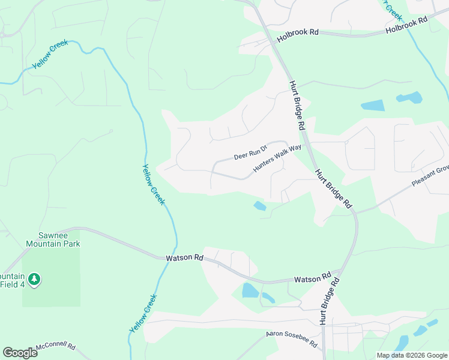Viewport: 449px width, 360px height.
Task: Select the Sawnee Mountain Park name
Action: click(x=53, y=240)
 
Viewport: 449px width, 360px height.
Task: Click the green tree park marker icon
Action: click(x=35, y=280)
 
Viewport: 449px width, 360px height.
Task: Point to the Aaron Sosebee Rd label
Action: click(x=292, y=339)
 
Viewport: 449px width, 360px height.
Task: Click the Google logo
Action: click(x=20, y=353)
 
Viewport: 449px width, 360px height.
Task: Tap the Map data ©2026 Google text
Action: click(x=412, y=355)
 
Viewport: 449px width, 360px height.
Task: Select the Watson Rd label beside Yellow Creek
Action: click(x=184, y=257)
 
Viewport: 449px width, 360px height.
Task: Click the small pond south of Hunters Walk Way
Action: click(x=260, y=206)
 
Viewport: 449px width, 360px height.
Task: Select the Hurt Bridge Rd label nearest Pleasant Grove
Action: click(x=333, y=188)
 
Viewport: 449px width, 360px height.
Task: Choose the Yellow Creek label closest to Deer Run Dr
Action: click(x=153, y=185)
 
